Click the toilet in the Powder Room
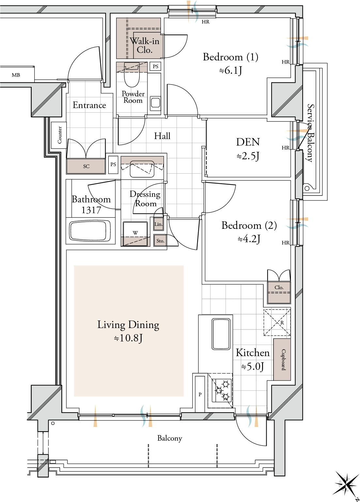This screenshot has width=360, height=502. coord(132,75)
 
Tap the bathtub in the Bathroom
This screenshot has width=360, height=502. coord(90,231)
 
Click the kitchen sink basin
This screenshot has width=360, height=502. coord(221,334)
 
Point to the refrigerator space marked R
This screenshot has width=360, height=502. coord(277,322)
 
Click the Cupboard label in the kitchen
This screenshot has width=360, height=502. coord(284,359)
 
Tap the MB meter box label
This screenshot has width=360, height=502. coord(16,75)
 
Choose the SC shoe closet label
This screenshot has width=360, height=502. coord(86,166)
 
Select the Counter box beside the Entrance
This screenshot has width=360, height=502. coord(59,135)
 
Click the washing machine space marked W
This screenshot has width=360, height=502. coord(135,234)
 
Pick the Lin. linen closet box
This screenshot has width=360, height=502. coord(159,224)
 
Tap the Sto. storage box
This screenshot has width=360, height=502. coord(160,241)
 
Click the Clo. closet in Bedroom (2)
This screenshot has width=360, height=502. coord(279,292)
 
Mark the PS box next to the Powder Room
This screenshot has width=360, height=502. coord(155,66)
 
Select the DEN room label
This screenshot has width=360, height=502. coord(248,142)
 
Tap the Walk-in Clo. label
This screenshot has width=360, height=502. coord(145,45)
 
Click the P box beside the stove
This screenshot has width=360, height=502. coord(200,394)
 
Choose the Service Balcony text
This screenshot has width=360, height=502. coord(311,133)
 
